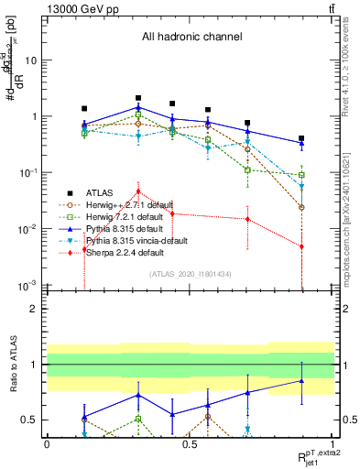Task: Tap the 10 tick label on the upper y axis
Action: coord(30,60)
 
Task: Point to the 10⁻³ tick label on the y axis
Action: coord(27,285)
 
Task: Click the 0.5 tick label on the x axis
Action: coord(189,444)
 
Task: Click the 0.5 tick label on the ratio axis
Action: coord(31,420)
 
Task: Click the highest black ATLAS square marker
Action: coord(138,97)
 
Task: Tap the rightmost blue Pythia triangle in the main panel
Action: coord(301,143)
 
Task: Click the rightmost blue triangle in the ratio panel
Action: coord(301,381)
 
